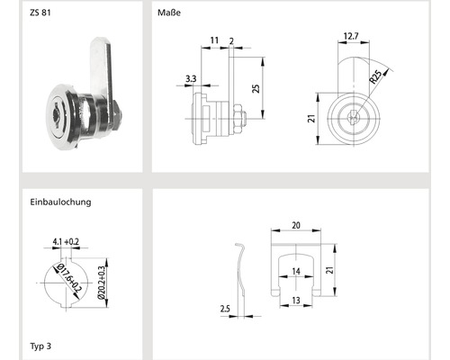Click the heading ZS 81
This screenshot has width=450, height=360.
point(40,13)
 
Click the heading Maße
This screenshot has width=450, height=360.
point(169,13)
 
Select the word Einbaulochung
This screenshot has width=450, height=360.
point(60,202)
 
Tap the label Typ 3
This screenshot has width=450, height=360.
point(40,346)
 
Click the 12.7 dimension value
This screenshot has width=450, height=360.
point(351,36)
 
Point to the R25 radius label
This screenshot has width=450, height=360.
point(375,76)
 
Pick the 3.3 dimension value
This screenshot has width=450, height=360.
point(191,79)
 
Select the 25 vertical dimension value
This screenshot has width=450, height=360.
point(256,88)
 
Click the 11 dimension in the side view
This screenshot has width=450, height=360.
point(214,40)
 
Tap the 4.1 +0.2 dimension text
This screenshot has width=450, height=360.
point(66,241)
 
